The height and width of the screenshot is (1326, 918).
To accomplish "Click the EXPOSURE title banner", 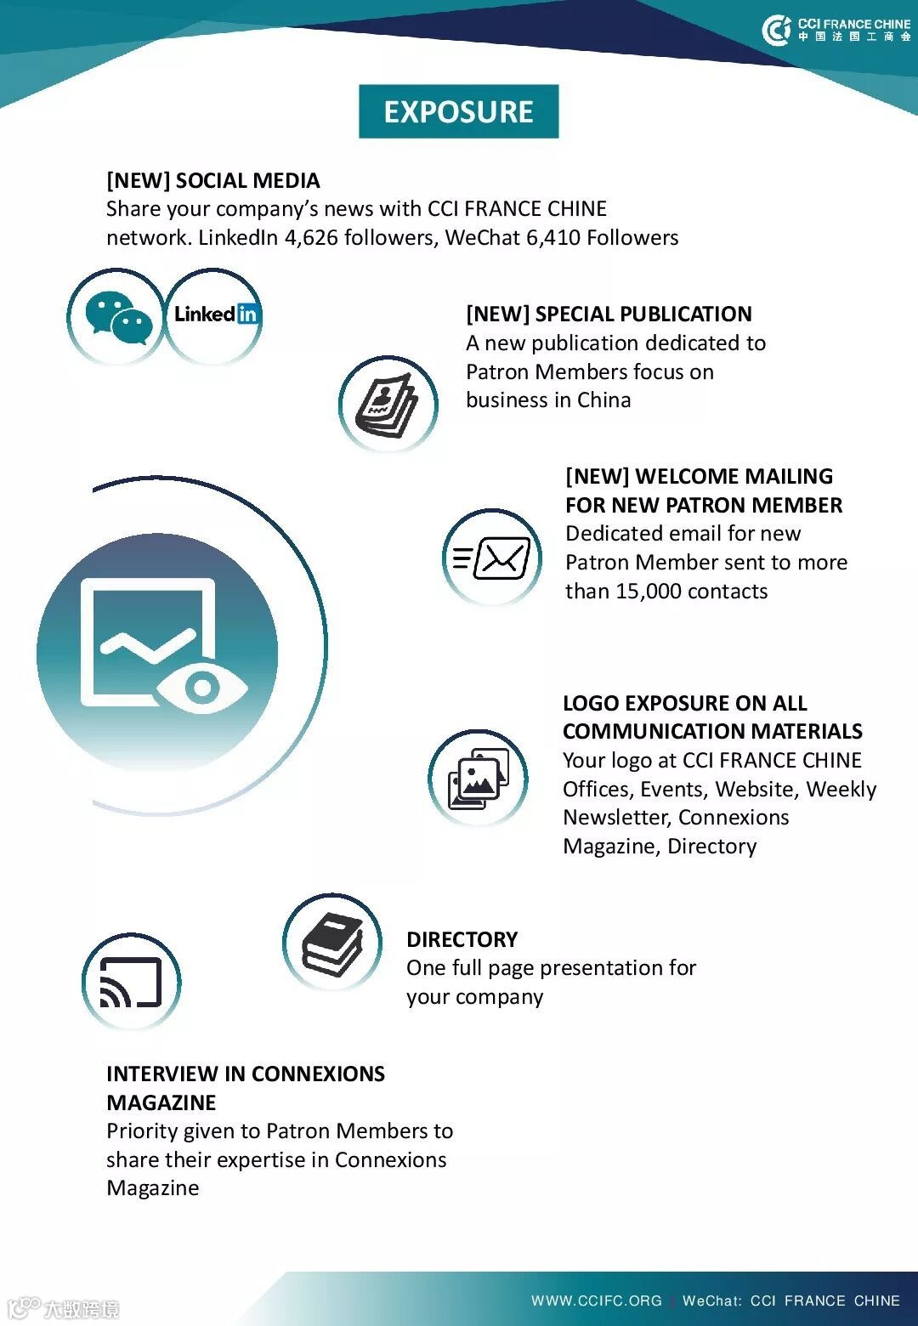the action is coord(458,111).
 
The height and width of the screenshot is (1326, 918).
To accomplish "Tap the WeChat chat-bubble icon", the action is coord(118,318).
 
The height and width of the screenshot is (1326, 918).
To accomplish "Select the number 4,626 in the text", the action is coord(311,238).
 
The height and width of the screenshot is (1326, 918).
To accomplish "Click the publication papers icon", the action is coord(387,405).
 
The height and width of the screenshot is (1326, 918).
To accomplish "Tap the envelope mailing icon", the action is coord(493,558).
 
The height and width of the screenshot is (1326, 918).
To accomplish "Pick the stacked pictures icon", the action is coord(478,778).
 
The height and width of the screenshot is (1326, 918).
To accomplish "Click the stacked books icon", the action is coord(332,943).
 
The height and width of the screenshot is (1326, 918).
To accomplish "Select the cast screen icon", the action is coord(131,983).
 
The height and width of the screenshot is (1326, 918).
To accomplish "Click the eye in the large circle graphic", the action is coord(201,687).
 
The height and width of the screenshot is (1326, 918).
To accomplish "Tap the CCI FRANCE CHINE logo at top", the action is coord(836,30).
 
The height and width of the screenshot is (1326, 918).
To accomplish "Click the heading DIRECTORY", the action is coord(462,939).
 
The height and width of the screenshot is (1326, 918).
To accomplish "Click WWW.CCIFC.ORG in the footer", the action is coord(596,1300).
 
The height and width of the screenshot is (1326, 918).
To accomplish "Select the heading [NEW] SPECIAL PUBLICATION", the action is coord(609,314).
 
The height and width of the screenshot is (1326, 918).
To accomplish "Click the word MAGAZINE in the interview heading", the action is coord(161,1102).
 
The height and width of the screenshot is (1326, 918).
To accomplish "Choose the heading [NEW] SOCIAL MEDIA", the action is coord(212,181).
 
